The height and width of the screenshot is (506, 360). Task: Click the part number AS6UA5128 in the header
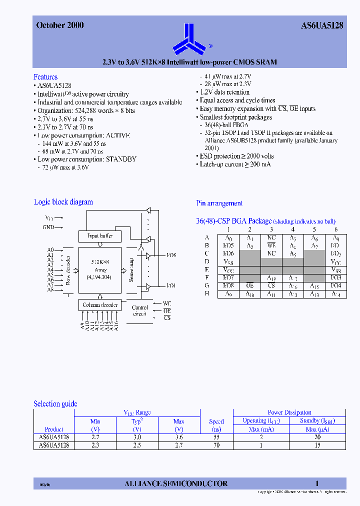(x=322, y=26)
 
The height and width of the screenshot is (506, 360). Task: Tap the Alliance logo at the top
(x=186, y=38)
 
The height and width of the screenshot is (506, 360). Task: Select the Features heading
(x=45, y=77)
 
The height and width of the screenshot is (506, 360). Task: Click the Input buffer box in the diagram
(x=100, y=236)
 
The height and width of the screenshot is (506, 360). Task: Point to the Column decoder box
(x=100, y=305)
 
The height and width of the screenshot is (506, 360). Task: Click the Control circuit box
(x=139, y=310)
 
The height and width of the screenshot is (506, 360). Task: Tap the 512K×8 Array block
(x=100, y=269)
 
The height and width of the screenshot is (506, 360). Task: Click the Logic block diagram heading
(x=63, y=202)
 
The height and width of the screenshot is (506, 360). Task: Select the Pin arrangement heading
(x=219, y=203)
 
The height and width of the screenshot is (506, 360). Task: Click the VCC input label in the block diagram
(x=49, y=218)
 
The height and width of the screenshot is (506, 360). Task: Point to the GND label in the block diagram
(x=48, y=227)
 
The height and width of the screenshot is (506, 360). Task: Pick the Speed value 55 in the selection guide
(x=216, y=437)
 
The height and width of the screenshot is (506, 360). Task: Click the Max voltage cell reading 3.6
(x=178, y=437)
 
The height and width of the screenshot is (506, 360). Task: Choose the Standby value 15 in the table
(x=317, y=445)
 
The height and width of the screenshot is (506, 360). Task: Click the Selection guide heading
(x=55, y=404)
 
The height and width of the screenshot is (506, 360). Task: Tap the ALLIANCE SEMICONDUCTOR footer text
(x=175, y=483)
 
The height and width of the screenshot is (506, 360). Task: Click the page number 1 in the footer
(x=317, y=483)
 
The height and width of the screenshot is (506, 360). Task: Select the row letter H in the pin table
(x=207, y=294)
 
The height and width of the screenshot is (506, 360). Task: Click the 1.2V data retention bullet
(x=224, y=92)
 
